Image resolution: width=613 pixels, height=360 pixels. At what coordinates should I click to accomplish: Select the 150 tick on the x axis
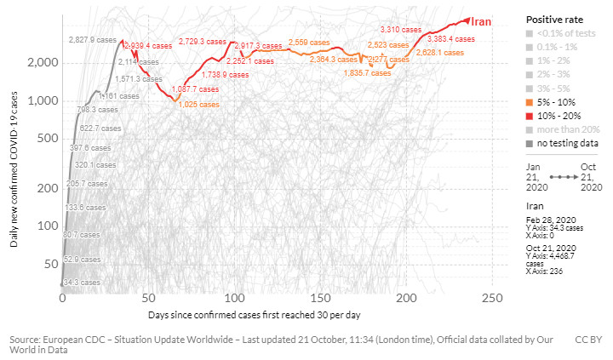pos(320,300)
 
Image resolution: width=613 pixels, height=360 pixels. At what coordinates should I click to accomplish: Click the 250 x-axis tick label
pos(492,300)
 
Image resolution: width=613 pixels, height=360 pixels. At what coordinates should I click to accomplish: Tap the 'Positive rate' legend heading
pos(550,19)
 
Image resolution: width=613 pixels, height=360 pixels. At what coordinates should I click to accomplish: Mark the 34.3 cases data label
pos(81,282)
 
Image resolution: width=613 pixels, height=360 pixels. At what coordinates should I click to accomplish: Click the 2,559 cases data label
pos(309,43)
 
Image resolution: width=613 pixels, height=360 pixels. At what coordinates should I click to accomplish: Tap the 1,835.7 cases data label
pos(367,73)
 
